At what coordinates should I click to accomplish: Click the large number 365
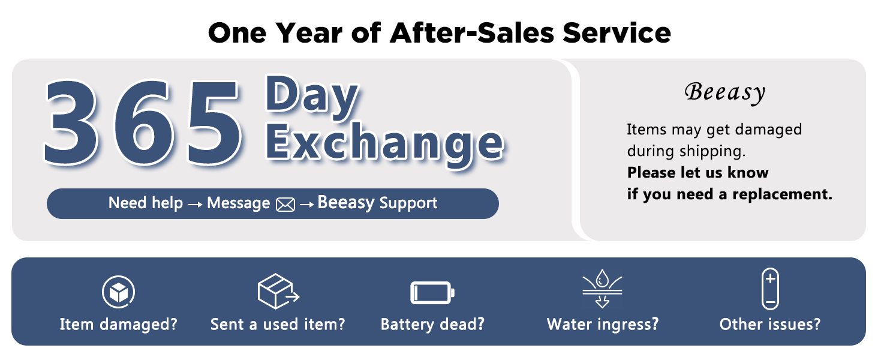(144, 123)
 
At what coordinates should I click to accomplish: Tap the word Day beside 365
(312, 98)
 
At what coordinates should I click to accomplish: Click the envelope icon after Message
(285, 205)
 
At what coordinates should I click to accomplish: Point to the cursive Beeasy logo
(725, 92)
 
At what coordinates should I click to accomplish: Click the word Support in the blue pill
(408, 203)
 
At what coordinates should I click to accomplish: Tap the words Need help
(145, 203)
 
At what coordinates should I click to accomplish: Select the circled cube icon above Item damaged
(118, 292)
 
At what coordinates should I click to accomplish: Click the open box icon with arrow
(277, 291)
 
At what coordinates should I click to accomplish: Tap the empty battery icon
(432, 293)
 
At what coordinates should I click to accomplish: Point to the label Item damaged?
(119, 325)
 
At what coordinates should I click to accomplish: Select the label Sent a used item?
(278, 325)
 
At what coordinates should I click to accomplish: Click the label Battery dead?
(432, 325)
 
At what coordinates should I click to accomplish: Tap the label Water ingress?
(603, 325)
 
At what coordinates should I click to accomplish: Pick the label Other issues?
(770, 325)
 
